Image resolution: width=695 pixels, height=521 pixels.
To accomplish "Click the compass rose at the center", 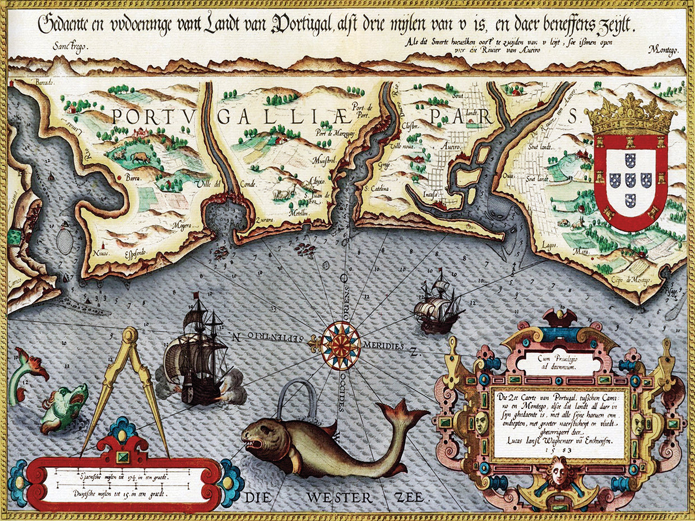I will pyautogui.click(x=341, y=345).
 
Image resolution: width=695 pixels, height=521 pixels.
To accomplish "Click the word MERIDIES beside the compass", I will pyautogui.click(x=383, y=346).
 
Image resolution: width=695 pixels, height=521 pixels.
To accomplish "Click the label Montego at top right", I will pyautogui.click(x=664, y=50).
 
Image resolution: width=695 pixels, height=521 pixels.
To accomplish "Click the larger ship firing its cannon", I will pyautogui.click(x=197, y=359).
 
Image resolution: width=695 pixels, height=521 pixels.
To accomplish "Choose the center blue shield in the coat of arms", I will pyautogui.click(x=631, y=180).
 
